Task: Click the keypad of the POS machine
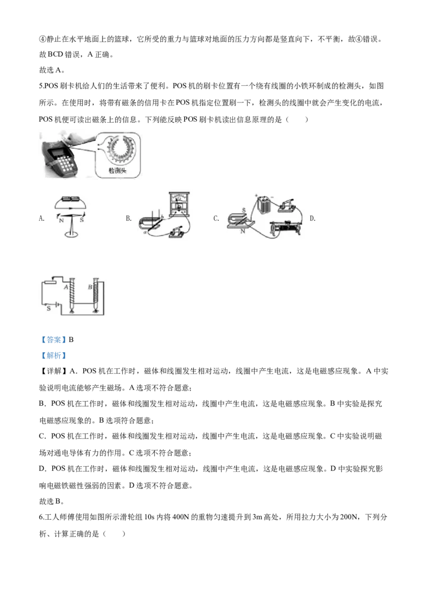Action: point(66,164)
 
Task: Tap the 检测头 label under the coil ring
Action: point(117,171)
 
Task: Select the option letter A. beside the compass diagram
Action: point(42,218)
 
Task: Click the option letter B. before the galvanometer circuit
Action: point(128,218)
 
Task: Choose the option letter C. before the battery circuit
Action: point(216,218)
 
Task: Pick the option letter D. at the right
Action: point(313,218)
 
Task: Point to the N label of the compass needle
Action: point(61,221)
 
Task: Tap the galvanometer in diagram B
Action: point(178,203)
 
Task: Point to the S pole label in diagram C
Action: point(243,210)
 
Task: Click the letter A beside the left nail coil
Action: point(66,287)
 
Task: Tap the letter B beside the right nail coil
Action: point(90,287)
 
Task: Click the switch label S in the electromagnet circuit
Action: point(49,308)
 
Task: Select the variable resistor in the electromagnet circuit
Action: point(50,282)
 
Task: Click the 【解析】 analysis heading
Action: point(53,355)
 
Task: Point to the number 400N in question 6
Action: point(181,517)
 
